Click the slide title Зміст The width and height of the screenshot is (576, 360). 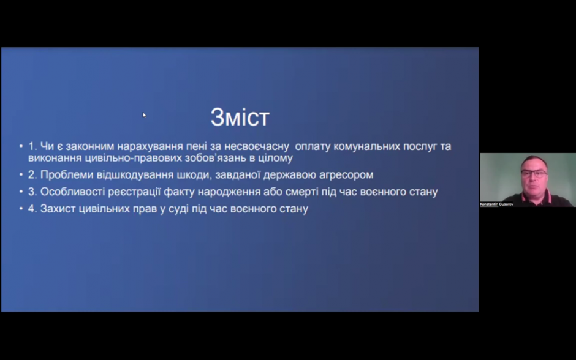240,118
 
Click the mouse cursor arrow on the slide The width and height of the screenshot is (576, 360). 144,115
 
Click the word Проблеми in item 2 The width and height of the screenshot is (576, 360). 67,174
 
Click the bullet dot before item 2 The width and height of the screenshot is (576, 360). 21,175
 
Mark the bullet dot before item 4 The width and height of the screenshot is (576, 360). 21,209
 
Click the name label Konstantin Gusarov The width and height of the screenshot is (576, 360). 497,204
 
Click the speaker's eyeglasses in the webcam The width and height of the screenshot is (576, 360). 534,174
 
